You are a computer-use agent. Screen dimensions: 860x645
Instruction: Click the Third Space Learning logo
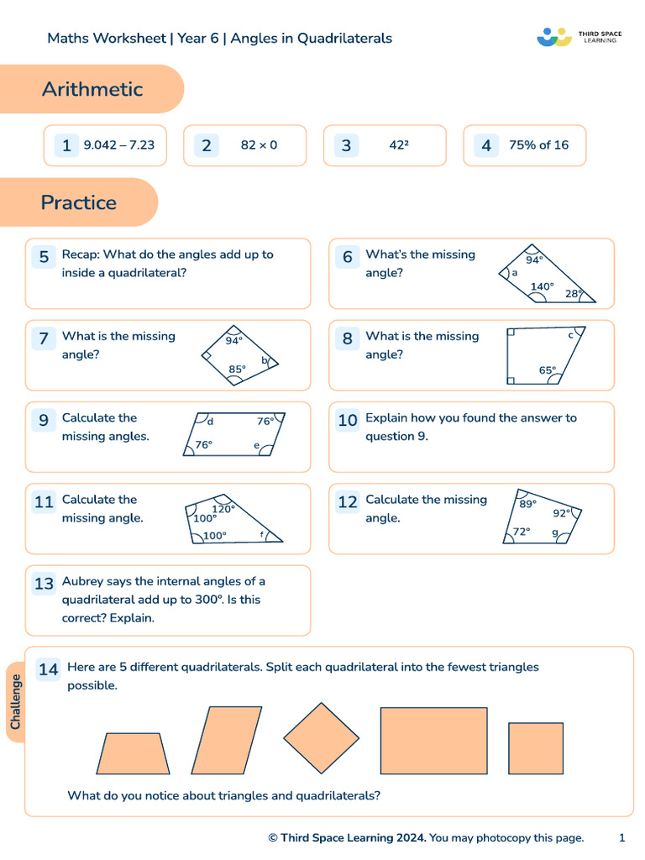point(579,37)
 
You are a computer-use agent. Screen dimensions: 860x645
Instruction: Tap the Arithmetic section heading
point(92,89)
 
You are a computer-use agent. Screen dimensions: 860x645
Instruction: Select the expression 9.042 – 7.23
point(119,145)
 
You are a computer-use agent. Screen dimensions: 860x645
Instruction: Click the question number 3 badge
point(346,145)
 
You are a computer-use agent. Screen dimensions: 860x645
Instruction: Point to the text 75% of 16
point(538,145)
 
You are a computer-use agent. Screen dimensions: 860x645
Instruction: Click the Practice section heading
point(79,202)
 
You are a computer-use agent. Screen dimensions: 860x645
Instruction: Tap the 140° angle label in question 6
point(543,286)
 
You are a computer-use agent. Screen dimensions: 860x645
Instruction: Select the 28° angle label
point(574,294)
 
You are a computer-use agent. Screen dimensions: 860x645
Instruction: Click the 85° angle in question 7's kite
point(238,369)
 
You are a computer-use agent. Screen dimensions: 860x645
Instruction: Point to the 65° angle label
point(548,370)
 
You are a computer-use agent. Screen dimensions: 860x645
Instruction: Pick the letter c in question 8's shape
point(571,335)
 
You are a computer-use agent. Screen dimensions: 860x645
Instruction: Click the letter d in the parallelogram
point(210,422)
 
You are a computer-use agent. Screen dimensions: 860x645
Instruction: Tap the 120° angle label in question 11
point(223,509)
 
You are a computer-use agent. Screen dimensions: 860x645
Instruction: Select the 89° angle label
point(527,505)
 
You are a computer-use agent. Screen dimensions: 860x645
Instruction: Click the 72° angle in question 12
point(522,532)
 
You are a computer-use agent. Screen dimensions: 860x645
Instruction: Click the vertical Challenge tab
point(16,702)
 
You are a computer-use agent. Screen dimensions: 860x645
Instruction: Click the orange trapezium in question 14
point(133,753)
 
